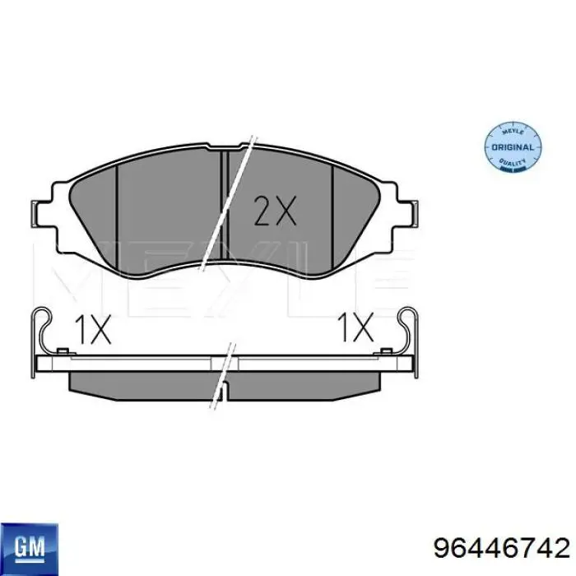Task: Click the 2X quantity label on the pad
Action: pyautogui.click(x=273, y=213)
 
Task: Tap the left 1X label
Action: pyautogui.click(x=92, y=331)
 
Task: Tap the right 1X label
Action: pyautogui.click(x=357, y=329)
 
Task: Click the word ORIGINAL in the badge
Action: pyautogui.click(x=513, y=147)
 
